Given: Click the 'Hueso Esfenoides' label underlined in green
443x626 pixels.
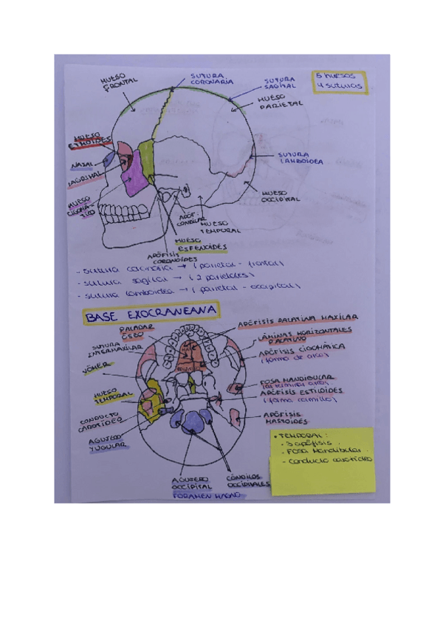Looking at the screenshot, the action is point(200,244).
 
